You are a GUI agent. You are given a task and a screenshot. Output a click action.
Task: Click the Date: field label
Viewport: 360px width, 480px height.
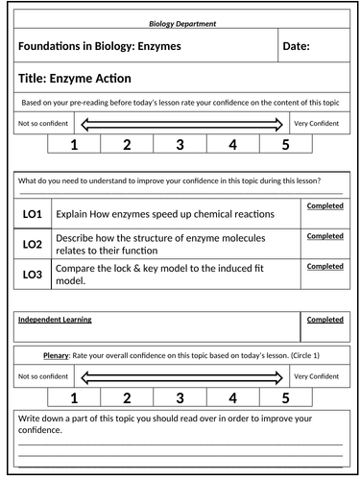click(302, 46)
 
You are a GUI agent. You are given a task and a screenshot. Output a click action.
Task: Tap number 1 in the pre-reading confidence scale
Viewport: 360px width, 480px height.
click(74, 145)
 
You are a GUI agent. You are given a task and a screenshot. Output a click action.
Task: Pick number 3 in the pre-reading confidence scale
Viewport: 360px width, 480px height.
click(180, 145)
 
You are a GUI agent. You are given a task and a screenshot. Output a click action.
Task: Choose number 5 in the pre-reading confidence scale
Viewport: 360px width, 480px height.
click(284, 145)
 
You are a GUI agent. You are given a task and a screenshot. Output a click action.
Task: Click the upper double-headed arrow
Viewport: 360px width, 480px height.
click(180, 124)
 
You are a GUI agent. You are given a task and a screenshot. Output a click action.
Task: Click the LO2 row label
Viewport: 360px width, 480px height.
click(31, 244)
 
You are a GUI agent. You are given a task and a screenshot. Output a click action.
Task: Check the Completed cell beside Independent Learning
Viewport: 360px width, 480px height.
click(324, 319)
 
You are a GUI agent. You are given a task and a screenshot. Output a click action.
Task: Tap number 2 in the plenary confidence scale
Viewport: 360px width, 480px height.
click(127, 396)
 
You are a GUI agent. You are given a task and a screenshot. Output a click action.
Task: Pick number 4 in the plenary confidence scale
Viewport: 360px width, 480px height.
click(232, 396)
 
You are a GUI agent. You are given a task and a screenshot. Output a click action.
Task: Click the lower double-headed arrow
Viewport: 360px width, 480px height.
click(180, 376)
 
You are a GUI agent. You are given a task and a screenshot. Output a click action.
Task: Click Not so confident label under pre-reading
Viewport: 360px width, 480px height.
click(43, 124)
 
